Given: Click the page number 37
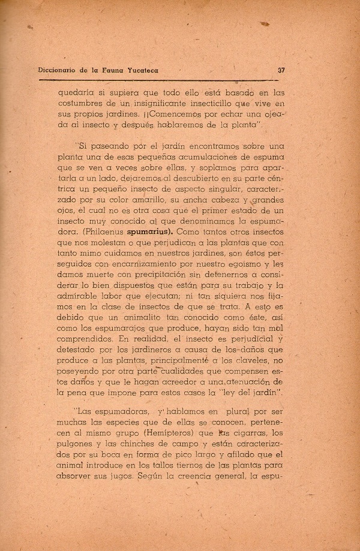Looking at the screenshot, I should tap(281, 70).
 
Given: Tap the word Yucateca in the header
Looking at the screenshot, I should tap(137, 70).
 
